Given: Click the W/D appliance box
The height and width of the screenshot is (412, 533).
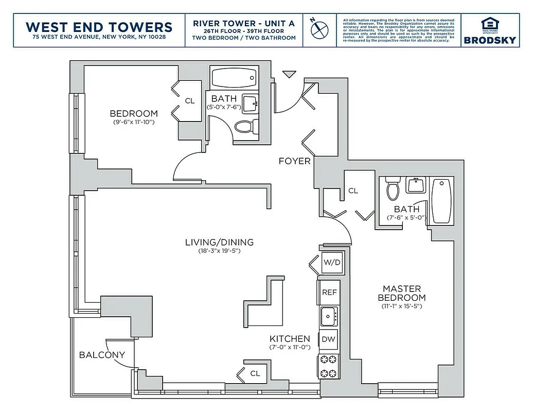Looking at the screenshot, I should (x=331, y=263).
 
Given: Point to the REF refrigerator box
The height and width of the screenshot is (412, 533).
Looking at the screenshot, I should (x=329, y=292).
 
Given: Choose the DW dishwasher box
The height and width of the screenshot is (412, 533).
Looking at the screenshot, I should (x=329, y=339).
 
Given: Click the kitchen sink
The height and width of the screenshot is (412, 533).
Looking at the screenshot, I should (x=329, y=316).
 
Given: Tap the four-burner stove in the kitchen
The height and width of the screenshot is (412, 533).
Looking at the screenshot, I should (x=329, y=366).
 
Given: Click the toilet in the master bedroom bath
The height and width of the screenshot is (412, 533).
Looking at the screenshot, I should (x=393, y=190).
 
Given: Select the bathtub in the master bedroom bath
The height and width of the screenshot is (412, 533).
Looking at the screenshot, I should (x=441, y=201).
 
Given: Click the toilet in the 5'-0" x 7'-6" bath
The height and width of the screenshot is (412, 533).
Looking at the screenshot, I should (x=243, y=126).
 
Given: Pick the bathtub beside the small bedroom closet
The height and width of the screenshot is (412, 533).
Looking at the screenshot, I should (x=234, y=78).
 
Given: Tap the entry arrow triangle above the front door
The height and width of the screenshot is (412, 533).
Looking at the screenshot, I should (x=290, y=74).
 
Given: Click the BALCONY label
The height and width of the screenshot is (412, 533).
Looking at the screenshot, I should (x=102, y=355).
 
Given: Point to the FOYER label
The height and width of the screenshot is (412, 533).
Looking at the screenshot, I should (x=294, y=161).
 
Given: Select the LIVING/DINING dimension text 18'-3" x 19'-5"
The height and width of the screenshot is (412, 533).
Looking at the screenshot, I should (x=219, y=251).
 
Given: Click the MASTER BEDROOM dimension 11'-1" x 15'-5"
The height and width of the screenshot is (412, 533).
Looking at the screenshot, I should (x=401, y=306).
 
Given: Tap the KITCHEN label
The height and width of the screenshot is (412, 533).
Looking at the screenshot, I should (x=290, y=338).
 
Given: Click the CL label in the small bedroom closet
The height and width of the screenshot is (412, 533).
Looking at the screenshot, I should (x=190, y=101).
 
